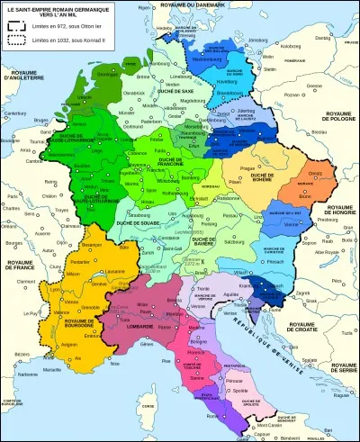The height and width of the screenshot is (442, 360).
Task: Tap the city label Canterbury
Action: (x=16, y=113)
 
